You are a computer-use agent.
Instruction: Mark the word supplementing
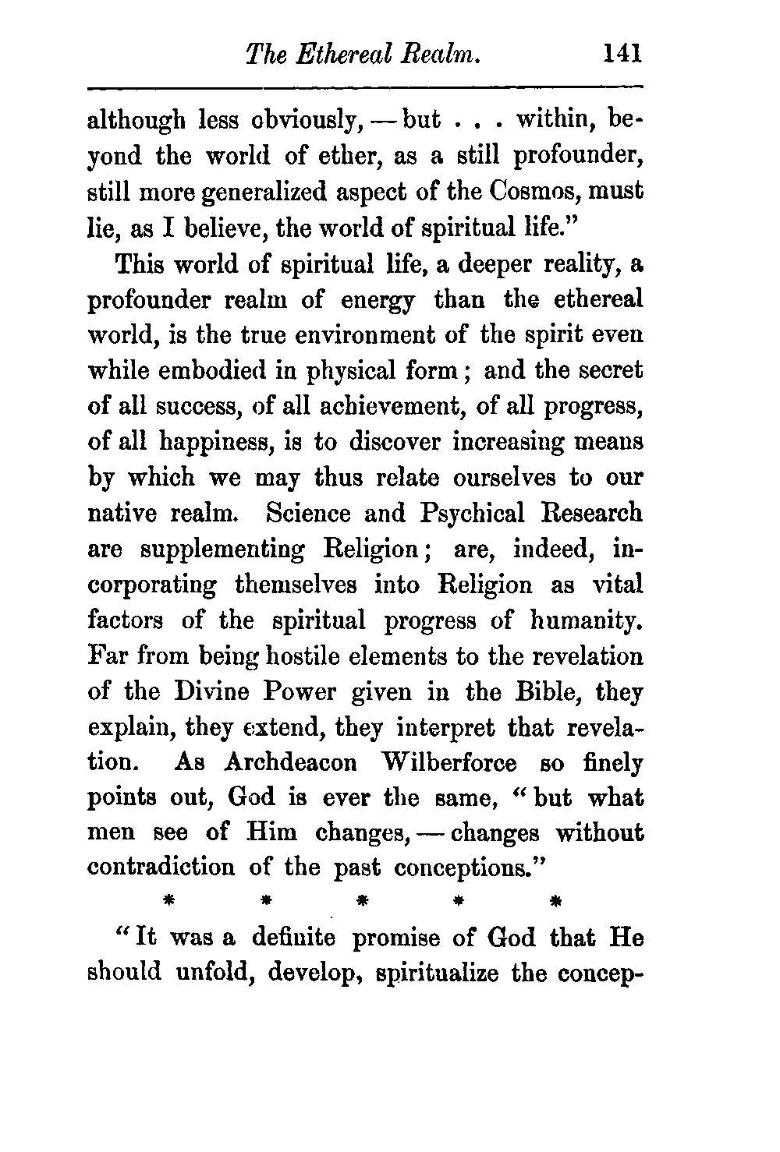point(222,549)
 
